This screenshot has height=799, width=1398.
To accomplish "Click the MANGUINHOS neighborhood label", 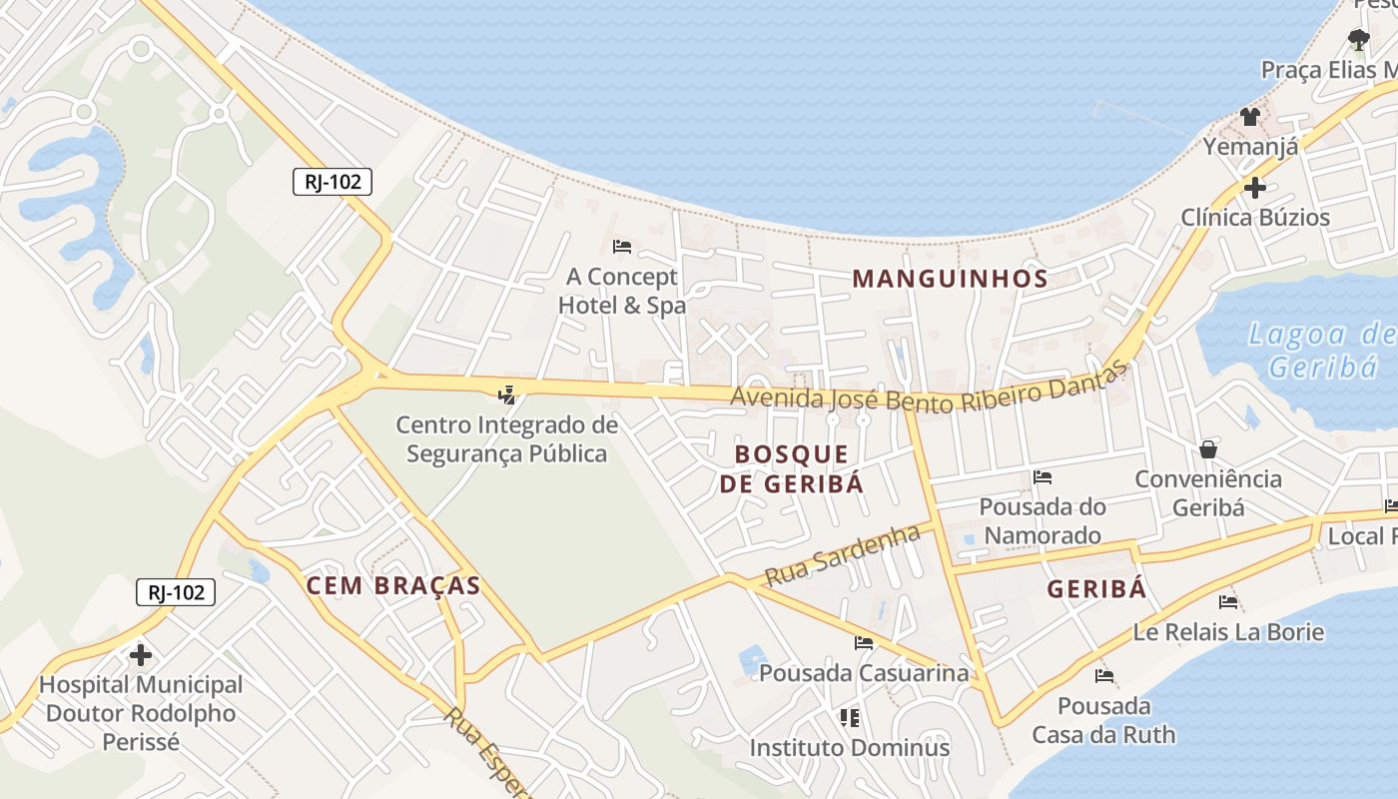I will pyautogui.click(x=950, y=279).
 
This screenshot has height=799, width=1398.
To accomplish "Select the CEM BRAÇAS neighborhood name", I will pyautogui.click(x=393, y=586).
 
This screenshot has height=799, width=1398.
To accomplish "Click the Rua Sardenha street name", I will pyautogui.click(x=842, y=555).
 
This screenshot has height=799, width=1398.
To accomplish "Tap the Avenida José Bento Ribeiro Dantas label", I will pyautogui.click(x=929, y=387).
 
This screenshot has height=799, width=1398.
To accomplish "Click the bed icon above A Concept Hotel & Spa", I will pyautogui.click(x=622, y=246).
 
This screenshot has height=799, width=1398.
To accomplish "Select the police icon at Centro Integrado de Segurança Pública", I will pyautogui.click(x=507, y=395).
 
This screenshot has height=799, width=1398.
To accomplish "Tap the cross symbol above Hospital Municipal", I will pyautogui.click(x=141, y=656).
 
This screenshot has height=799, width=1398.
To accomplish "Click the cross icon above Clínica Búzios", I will pyautogui.click(x=1255, y=187).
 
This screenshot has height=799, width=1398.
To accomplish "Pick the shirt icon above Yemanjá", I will pyautogui.click(x=1250, y=117).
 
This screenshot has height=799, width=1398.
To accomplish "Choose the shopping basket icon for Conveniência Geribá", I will pyautogui.click(x=1208, y=449).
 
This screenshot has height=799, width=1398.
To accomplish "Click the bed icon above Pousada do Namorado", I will pyautogui.click(x=1043, y=477).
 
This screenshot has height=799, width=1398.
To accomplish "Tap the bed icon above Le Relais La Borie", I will pyautogui.click(x=1228, y=602).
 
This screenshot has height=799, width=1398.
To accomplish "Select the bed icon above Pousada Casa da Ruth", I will pyautogui.click(x=1103, y=676).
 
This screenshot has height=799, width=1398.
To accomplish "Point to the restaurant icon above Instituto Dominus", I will pyautogui.click(x=850, y=717).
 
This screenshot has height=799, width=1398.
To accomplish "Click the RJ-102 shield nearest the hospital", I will pyautogui.click(x=176, y=592).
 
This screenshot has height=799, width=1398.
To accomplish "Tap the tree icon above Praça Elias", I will pyautogui.click(x=1358, y=40).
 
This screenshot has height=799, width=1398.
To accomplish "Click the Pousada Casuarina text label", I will pyautogui.click(x=864, y=673).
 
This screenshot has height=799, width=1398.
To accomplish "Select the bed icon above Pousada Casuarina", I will pyautogui.click(x=864, y=643).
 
